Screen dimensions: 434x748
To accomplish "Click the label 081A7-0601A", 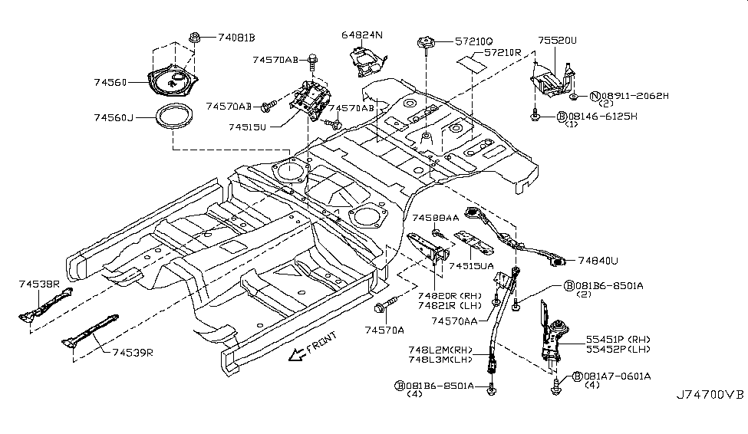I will pyautogui.click(x=617, y=376).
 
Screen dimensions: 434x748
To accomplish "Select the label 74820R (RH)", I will pyautogui.click(x=449, y=294).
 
